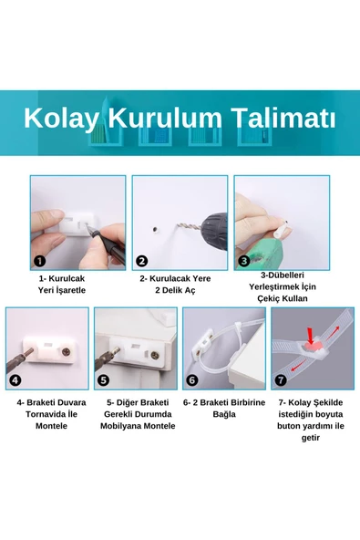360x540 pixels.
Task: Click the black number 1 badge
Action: [40, 260]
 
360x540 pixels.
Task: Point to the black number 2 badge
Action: [142, 260]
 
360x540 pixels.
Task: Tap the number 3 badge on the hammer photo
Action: [244, 260]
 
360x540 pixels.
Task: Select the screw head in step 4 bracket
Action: [65, 349]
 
